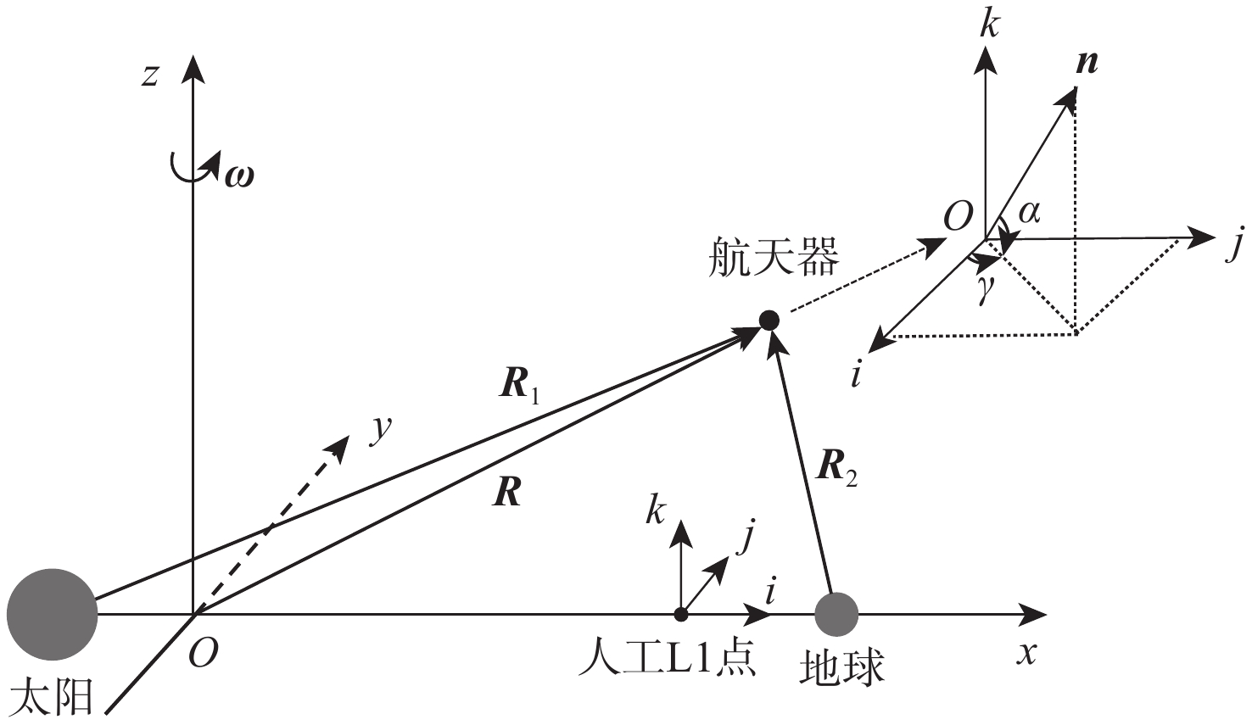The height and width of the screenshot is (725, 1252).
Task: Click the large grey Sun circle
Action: (x=52, y=615)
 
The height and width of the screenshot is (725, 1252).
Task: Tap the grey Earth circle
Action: (x=836, y=615)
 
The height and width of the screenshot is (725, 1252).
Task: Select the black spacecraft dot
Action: (x=769, y=320)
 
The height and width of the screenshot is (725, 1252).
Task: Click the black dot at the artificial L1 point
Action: (x=681, y=615)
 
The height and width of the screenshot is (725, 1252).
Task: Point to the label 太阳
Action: (x=52, y=695)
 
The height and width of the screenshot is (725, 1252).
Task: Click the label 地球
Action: (x=842, y=667)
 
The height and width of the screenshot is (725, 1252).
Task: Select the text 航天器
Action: (x=774, y=258)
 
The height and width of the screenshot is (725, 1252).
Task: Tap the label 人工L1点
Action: (x=668, y=661)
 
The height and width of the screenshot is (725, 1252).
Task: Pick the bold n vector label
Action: (x=1087, y=64)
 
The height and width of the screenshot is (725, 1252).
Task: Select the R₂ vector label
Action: (x=836, y=469)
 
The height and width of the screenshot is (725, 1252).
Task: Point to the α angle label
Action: (x=1030, y=212)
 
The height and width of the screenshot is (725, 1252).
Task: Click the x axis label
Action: (x=1026, y=652)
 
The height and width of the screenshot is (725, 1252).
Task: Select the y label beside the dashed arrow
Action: (x=382, y=430)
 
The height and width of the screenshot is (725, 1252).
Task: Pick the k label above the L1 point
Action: (x=656, y=510)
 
